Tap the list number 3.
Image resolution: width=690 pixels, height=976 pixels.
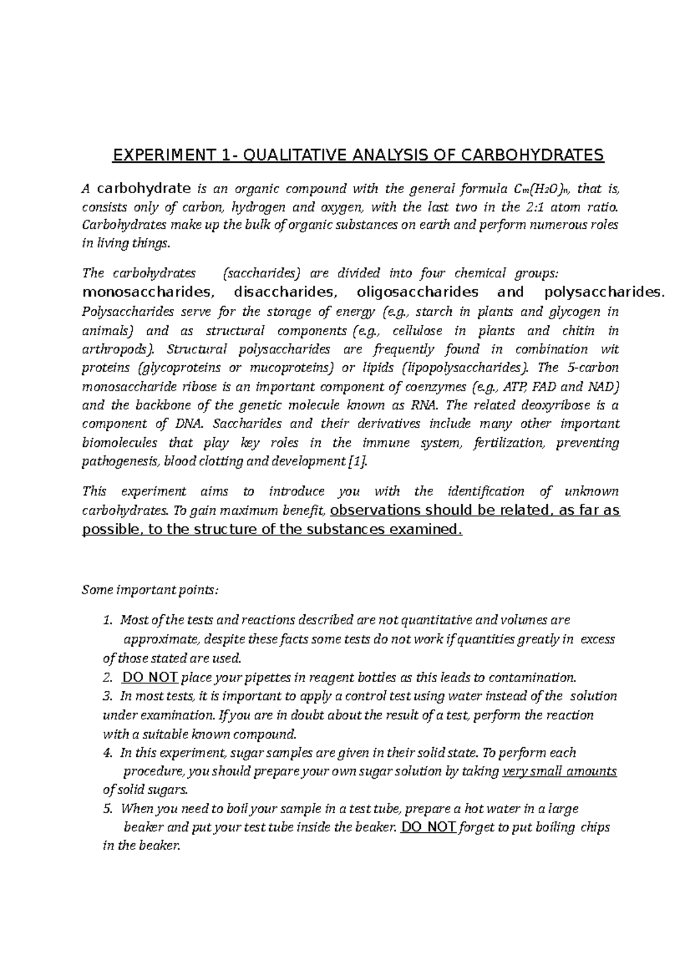pos(106,696)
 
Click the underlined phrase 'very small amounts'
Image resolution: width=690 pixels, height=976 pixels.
pos(559,771)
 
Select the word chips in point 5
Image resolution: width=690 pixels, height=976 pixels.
pos(596,828)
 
